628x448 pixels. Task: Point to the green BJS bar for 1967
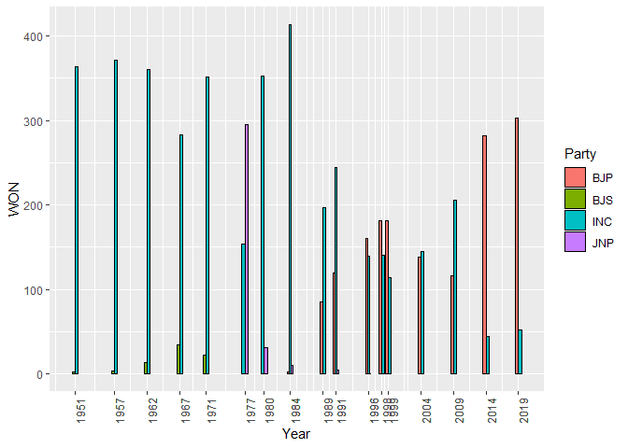[178, 359]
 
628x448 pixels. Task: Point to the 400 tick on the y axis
[42, 36]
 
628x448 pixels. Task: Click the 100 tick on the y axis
[42, 289]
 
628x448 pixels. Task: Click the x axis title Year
[296, 434]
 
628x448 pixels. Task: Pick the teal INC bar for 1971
[207, 225]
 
